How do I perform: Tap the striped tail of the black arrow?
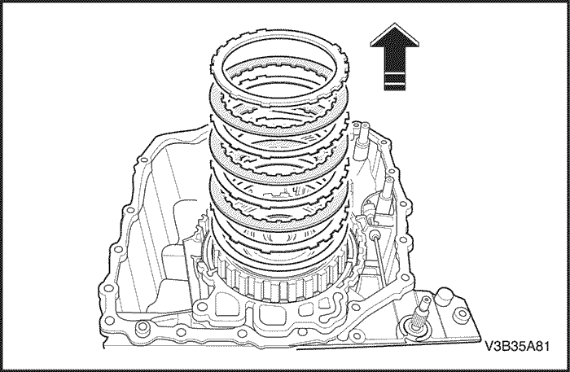pyautogui.click(x=394, y=81)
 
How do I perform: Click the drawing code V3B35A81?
pyautogui.click(x=517, y=346)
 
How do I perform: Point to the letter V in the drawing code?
pyautogui.click(x=489, y=346)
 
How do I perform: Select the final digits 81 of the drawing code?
pyautogui.click(x=542, y=346)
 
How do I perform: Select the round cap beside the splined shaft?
pyautogui.click(x=445, y=296)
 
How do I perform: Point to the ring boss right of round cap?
pyautogui.click(x=462, y=313)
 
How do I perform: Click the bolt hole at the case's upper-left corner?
pyautogui.click(x=144, y=160)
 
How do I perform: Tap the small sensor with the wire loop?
pyautogui.click(x=370, y=211)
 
